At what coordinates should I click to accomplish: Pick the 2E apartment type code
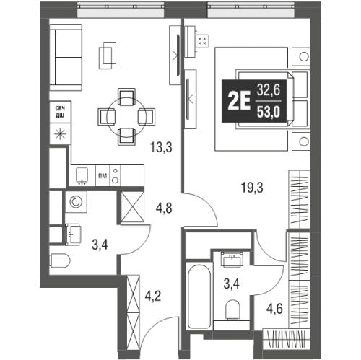[238, 100]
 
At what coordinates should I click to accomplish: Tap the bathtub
[197, 295]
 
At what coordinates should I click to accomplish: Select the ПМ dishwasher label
[103, 174]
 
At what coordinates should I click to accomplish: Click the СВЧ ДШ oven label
[59, 111]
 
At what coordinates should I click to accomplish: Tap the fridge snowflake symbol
[59, 133]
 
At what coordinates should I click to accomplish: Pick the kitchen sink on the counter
[82, 174]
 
